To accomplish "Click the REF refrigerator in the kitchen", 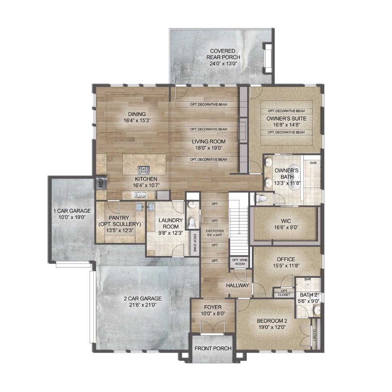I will tap(101, 181).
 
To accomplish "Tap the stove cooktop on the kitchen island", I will tap(144, 170).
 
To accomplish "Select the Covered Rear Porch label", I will tap(223, 57).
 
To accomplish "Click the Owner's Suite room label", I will tap(286, 119).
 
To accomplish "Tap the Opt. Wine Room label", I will tap(238, 262).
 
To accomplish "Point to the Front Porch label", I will tap(213, 348).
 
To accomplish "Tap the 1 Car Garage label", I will tap(72, 211).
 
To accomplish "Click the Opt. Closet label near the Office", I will tap(284, 293).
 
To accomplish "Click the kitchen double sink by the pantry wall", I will tap(139, 195).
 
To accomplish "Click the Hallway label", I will tap(238, 285).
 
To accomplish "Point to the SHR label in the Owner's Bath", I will tap(313, 163).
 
